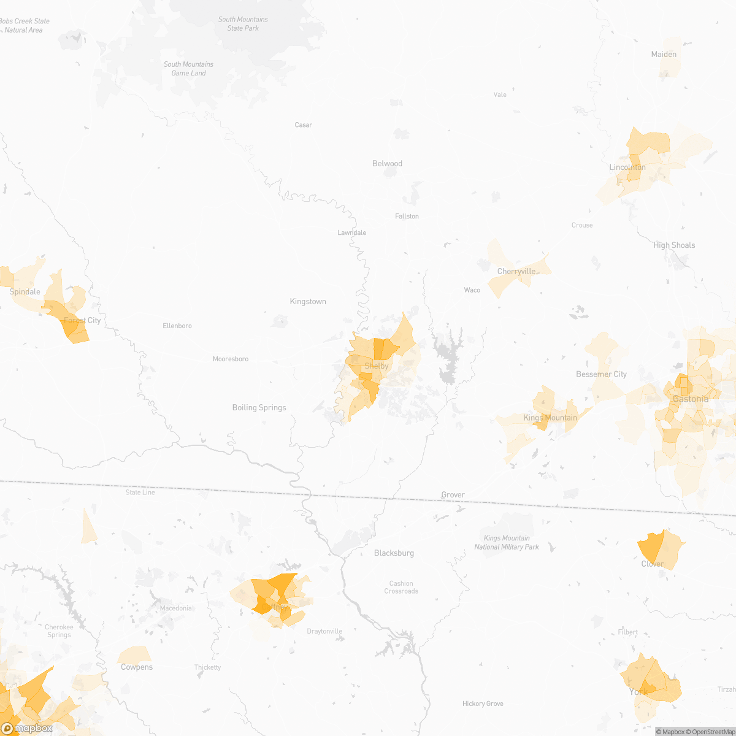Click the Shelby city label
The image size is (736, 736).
click(377, 366)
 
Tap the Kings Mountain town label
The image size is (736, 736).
click(550, 418)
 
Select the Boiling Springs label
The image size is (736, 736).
click(259, 407)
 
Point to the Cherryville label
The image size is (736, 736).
click(516, 272)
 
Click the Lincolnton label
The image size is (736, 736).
click(627, 167)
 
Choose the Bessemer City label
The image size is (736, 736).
click(601, 374)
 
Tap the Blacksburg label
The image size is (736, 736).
click(394, 553)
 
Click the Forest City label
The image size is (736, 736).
click(82, 320)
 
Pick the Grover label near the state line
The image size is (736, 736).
click(453, 494)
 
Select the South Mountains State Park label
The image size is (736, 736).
click(243, 24)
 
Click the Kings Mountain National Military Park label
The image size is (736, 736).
click(507, 542)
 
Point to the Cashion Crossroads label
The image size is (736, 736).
click(401, 587)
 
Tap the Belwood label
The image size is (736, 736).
click(387, 163)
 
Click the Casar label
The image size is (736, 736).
click(303, 125)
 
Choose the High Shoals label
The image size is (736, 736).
click(674, 245)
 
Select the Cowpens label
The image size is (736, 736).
click(137, 667)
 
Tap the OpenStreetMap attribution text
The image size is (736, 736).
click(713, 731)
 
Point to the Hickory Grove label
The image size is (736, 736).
click(483, 703)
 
